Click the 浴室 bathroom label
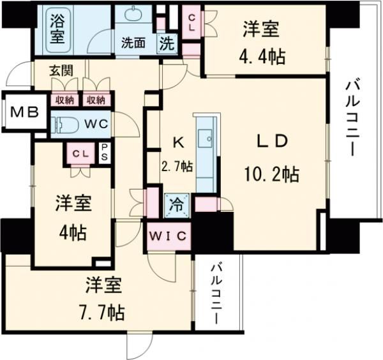pyautogui.click(x=58, y=29)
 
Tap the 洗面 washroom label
pyautogui.click(x=134, y=44)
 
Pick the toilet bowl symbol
pyautogui.click(x=66, y=123)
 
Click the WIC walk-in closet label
pyautogui.click(x=169, y=236)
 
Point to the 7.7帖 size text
pyautogui.click(x=103, y=312)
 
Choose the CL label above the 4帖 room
pyautogui.click(x=80, y=153)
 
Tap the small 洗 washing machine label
pyautogui.click(x=166, y=44)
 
